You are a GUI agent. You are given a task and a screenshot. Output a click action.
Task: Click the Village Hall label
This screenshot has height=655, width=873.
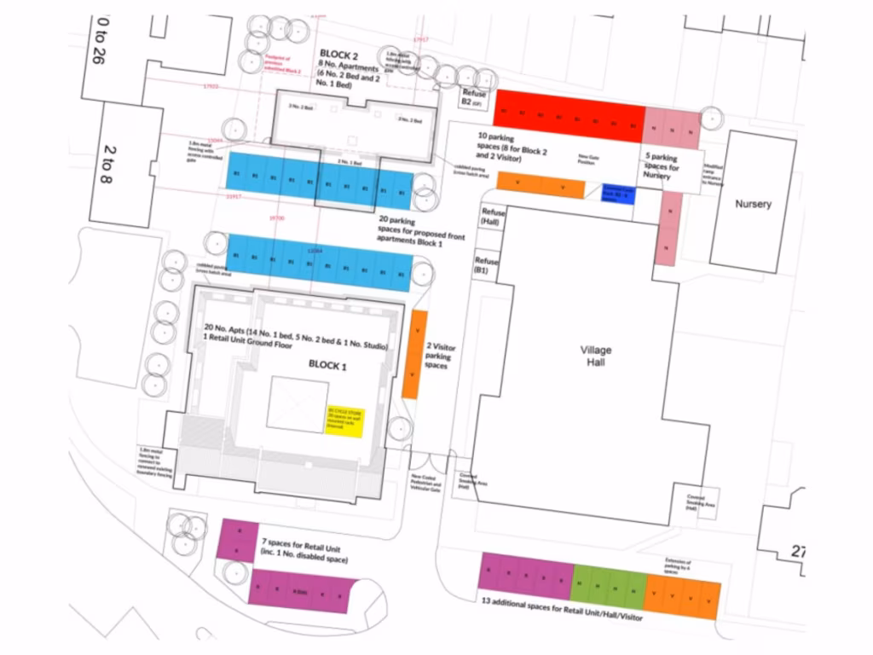coord(596,356)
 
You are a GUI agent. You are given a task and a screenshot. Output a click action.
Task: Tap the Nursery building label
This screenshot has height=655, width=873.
coord(753,204)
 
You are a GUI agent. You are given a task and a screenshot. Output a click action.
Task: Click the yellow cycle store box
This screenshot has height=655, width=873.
coord(344,420)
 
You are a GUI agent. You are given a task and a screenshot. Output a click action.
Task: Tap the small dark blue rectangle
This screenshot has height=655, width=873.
coord(618,194)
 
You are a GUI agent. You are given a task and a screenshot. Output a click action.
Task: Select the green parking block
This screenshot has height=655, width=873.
coord(608,586)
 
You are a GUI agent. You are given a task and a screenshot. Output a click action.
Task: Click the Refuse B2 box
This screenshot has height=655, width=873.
coord(473,97)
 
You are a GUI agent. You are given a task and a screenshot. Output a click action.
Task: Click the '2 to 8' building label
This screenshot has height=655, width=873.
coord(110,162)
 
